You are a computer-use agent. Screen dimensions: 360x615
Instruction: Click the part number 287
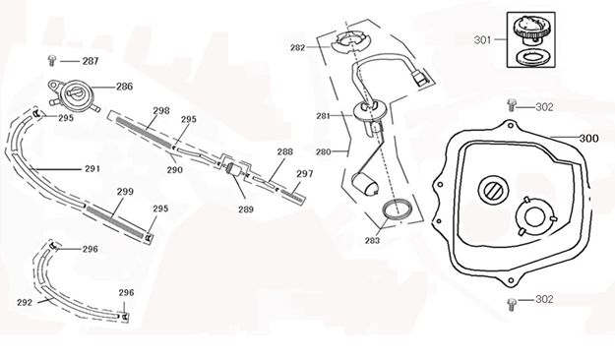coord(90,61)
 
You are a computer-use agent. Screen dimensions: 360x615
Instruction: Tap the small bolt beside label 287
coord(52,61)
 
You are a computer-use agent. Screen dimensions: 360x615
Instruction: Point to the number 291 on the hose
coord(92,168)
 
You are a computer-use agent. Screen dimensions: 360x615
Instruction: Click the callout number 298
coord(161,111)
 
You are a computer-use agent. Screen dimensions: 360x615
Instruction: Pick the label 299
coord(125,192)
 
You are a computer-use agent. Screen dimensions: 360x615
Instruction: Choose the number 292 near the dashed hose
coord(25,302)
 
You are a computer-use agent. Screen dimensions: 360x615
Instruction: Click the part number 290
coord(174,169)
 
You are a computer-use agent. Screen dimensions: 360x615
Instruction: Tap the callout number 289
coord(245,210)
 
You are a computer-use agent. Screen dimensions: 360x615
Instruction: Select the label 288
coord(284,151)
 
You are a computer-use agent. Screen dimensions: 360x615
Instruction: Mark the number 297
coord(304,174)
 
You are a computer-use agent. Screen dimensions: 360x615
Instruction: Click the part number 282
coord(296,46)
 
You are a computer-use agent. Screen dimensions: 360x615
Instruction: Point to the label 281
coord(322,116)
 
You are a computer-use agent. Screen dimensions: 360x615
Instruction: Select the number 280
coord(322,152)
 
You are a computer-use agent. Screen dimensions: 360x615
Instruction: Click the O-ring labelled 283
coord(399,210)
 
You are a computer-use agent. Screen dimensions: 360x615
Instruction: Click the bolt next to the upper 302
coord(513,104)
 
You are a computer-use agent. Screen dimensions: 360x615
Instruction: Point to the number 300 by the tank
coord(587,139)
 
